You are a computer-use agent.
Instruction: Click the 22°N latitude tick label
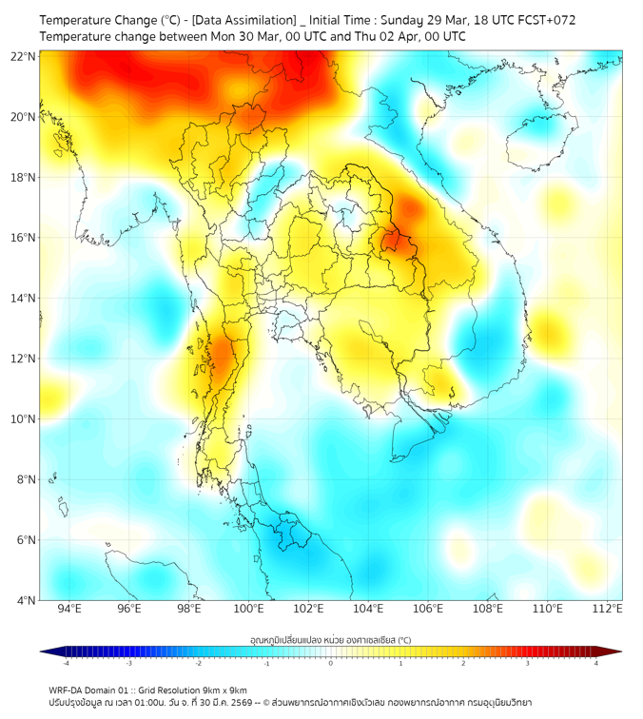point(24,56)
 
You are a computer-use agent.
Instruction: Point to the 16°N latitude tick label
point(24,238)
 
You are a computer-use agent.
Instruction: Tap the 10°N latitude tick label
point(24,419)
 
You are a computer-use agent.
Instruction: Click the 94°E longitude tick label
point(69,610)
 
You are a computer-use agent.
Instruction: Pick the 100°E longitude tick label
point(248,610)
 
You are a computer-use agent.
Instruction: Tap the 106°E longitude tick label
point(428,610)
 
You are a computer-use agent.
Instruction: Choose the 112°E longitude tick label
point(607,610)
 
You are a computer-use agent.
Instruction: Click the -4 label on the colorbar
point(66,664)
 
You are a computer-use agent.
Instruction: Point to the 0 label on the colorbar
point(331,664)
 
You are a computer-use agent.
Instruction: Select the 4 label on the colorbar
point(595,664)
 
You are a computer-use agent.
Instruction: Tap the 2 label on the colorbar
point(463,664)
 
